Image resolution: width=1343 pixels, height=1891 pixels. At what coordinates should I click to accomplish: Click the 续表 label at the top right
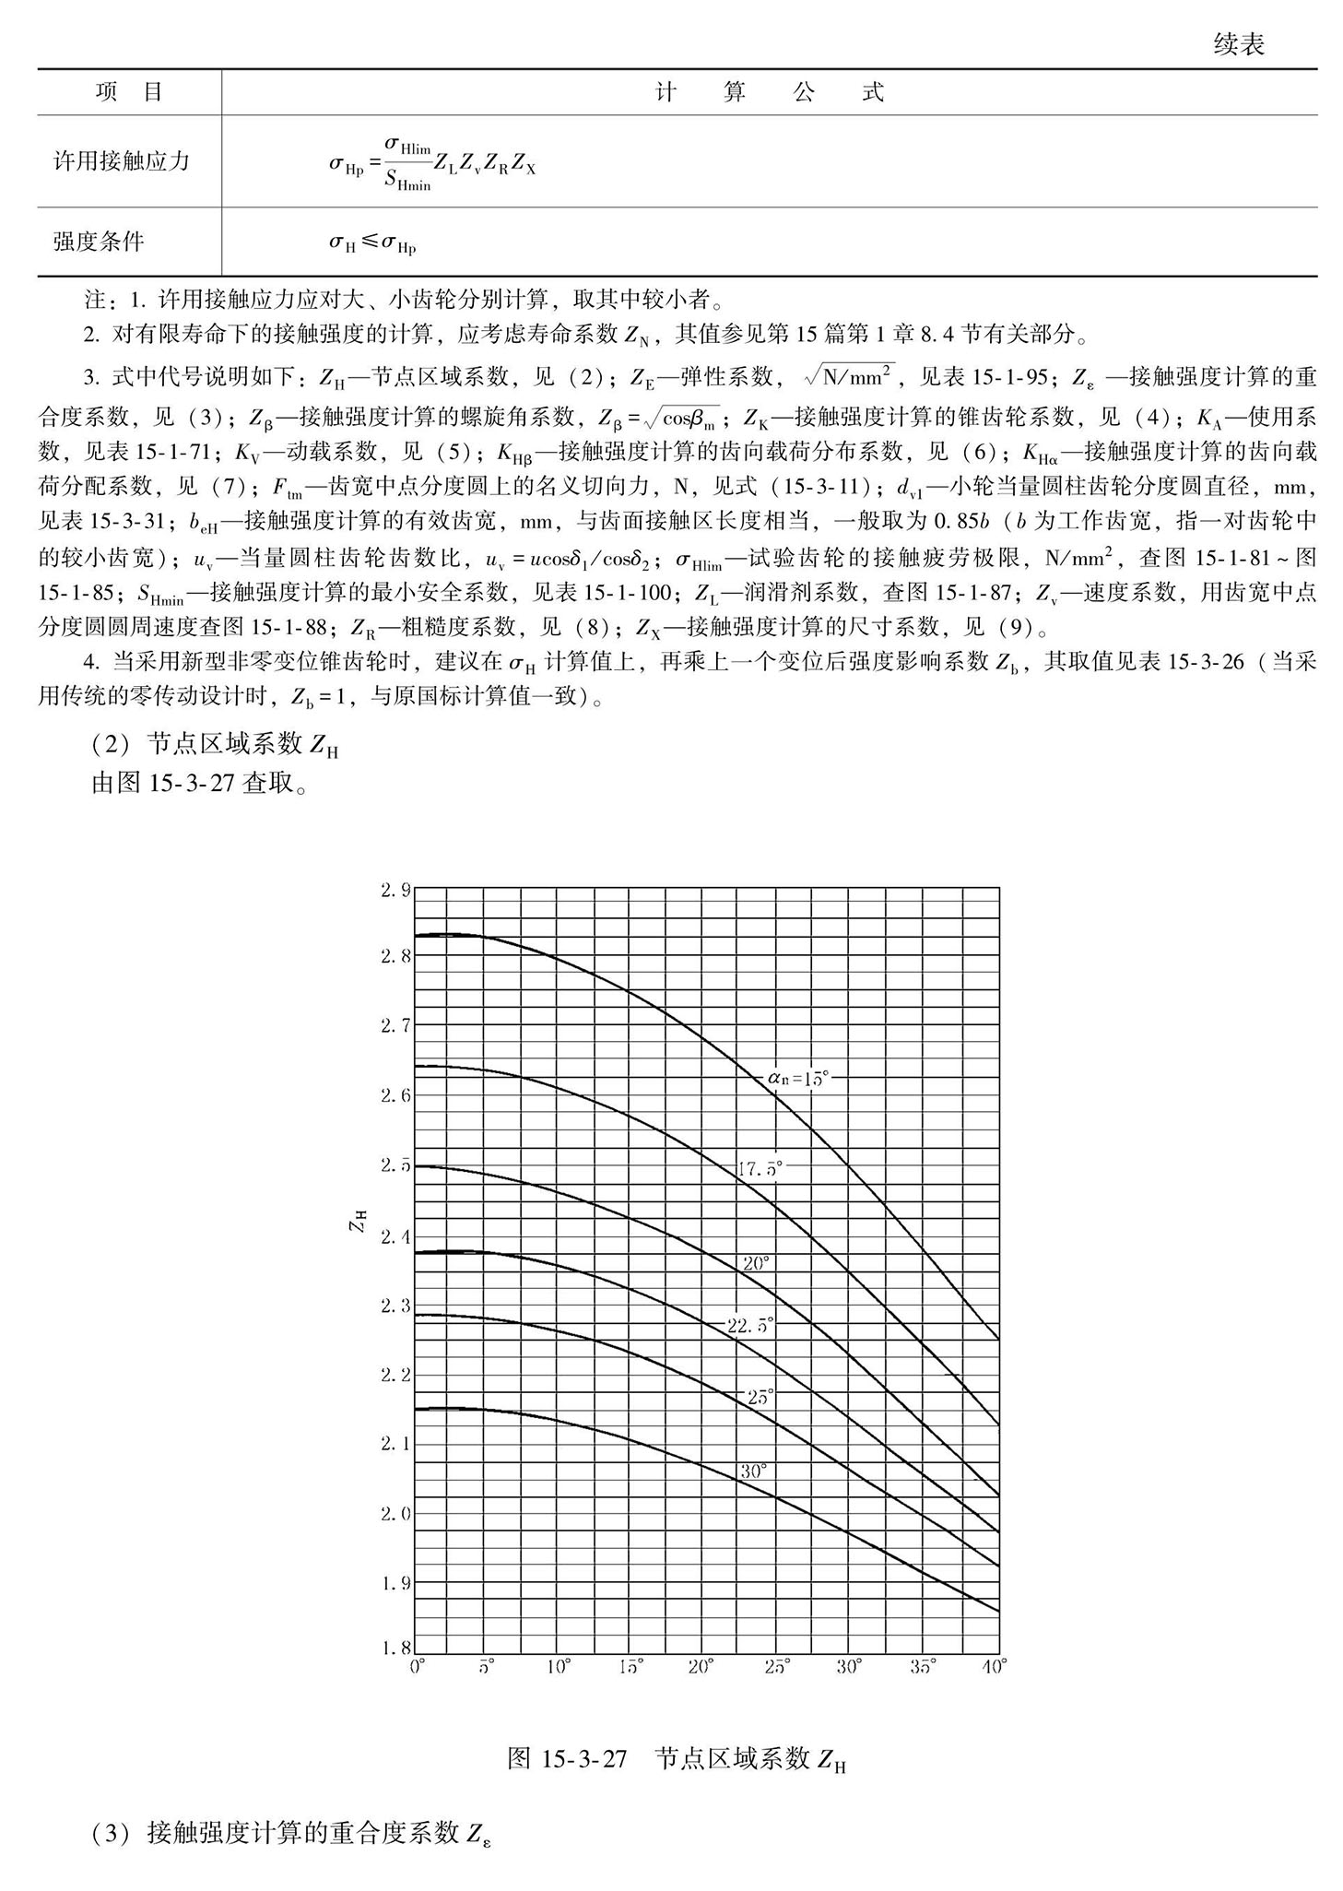point(1238,44)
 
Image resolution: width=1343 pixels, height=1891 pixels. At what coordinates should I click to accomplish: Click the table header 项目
point(129,92)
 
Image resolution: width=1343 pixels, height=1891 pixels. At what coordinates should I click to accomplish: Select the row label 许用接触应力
point(122,161)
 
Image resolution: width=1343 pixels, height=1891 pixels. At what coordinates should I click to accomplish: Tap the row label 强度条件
point(99,242)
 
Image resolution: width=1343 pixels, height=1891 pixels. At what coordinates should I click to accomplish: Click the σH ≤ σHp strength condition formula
point(372,243)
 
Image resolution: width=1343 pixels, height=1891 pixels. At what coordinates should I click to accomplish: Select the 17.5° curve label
point(760,1168)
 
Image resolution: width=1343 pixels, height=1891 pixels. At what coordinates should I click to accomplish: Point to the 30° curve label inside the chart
point(753,1471)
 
